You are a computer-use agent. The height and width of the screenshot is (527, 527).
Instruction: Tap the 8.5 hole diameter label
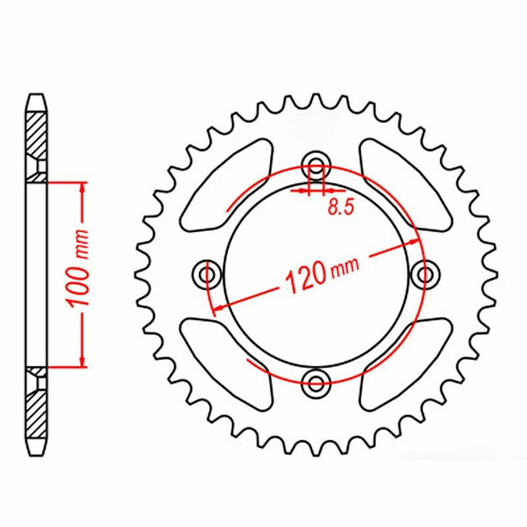tap(339, 208)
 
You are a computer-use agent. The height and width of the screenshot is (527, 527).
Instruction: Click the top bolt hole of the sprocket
tap(316, 164)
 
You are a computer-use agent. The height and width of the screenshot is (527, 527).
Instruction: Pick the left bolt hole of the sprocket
tap(208, 273)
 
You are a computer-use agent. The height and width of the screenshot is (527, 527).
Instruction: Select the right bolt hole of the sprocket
tap(424, 273)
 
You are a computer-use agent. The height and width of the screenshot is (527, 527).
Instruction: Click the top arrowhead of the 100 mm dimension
tap(83, 187)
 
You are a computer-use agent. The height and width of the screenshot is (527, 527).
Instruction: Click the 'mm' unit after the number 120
tap(344, 267)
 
